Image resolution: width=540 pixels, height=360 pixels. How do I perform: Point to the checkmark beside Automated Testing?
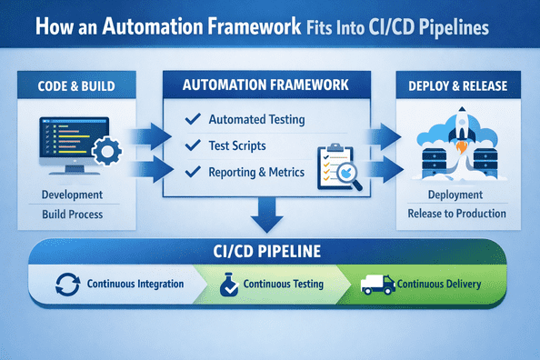coord(192,120)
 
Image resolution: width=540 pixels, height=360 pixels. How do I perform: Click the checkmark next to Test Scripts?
coord(192,145)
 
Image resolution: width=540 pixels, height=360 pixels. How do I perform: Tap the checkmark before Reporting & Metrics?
coord(192,172)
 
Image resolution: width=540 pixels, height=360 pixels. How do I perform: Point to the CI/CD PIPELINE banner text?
coord(269,248)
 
